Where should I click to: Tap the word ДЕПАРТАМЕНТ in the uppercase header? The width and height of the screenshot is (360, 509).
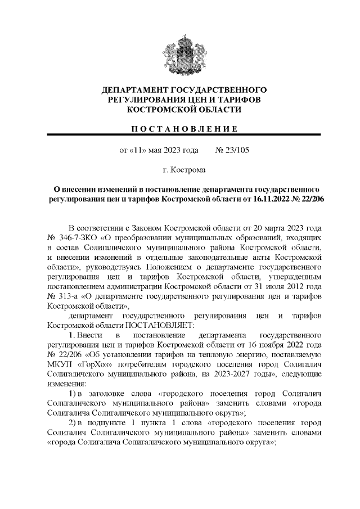[x=136, y=90]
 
